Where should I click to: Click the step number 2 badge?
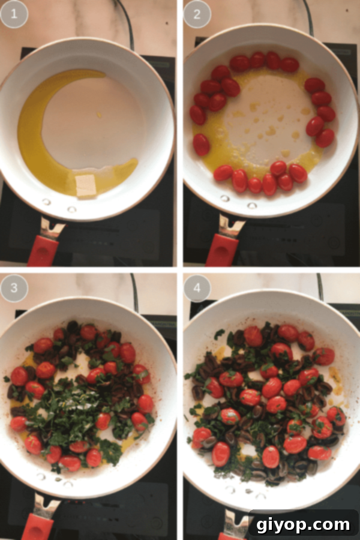coord(197,14)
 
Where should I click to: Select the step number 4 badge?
coord(197,289)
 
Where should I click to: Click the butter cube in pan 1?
coord(86,187)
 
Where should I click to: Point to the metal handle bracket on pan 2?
coord(230,226)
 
